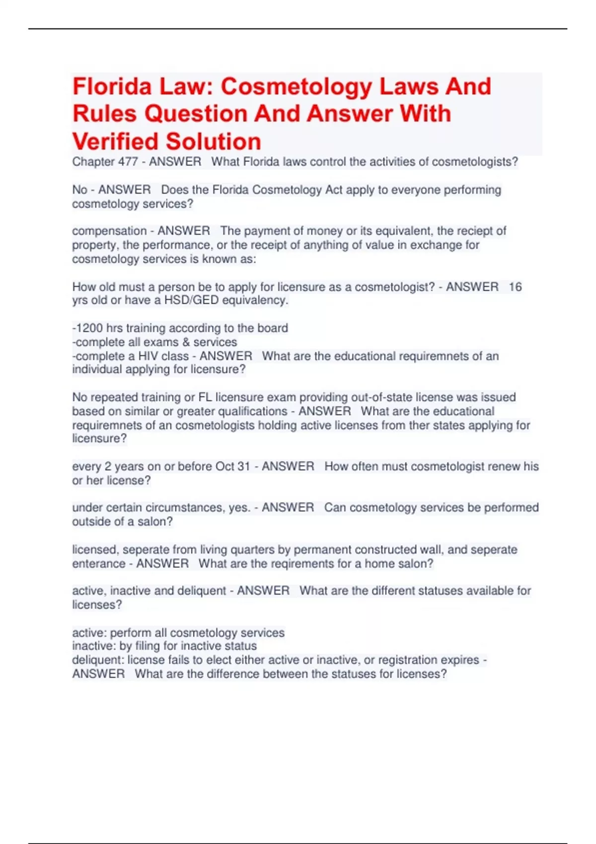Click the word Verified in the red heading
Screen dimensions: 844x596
tap(116, 141)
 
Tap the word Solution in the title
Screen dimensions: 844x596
tap(214, 141)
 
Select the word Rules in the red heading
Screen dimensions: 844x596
tap(104, 114)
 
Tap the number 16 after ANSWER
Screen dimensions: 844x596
tap(515, 287)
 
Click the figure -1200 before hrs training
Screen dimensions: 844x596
tap(88, 329)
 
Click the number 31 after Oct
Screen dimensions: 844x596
tap(243, 467)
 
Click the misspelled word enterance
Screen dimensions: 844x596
tap(98, 564)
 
